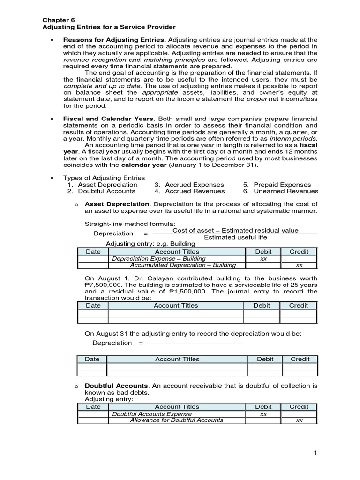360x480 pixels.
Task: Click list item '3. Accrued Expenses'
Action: pos(189,185)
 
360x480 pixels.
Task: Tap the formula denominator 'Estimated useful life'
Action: pos(235,237)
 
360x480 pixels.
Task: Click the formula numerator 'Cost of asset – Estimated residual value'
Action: pos(235,230)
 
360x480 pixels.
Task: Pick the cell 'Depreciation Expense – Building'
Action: pos(159,258)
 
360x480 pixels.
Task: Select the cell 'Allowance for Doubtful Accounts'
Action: pos(176,420)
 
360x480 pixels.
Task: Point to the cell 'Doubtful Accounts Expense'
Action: pos(152,414)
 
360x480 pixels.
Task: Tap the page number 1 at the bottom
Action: pos(316,453)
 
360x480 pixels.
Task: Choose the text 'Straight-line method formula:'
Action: pos(130,224)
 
